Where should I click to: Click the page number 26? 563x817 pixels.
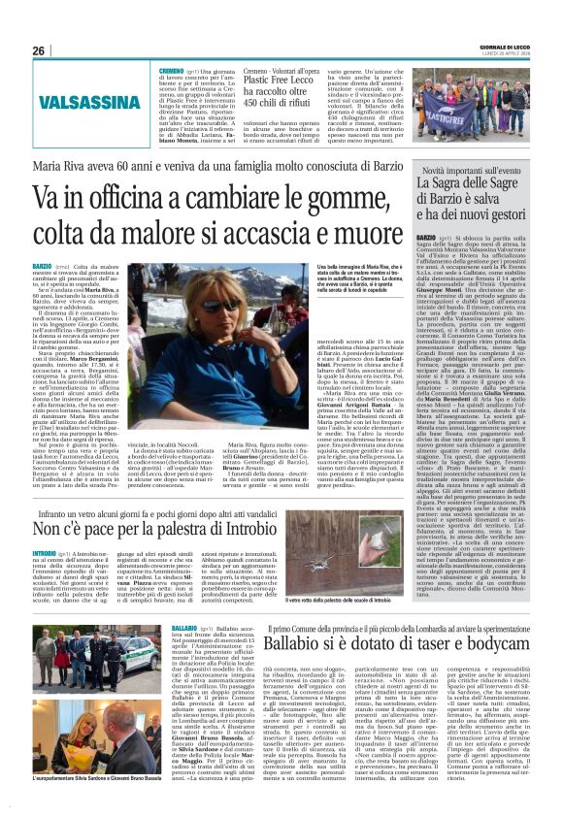[x=39, y=51]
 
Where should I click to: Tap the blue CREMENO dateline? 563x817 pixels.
[x=172, y=71]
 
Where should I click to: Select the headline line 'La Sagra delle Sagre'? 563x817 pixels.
[x=471, y=182]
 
